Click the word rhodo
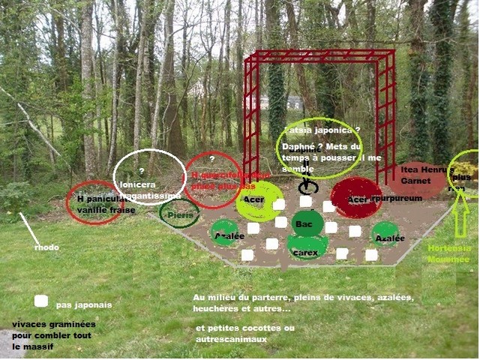[46, 247]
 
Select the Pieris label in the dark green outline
[181, 215]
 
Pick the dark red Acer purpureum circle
[357, 198]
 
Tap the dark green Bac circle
[307, 223]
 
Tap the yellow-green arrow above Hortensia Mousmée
[460, 221]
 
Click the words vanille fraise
[106, 210]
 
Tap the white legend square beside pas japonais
[41, 301]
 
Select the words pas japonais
[84, 305]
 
